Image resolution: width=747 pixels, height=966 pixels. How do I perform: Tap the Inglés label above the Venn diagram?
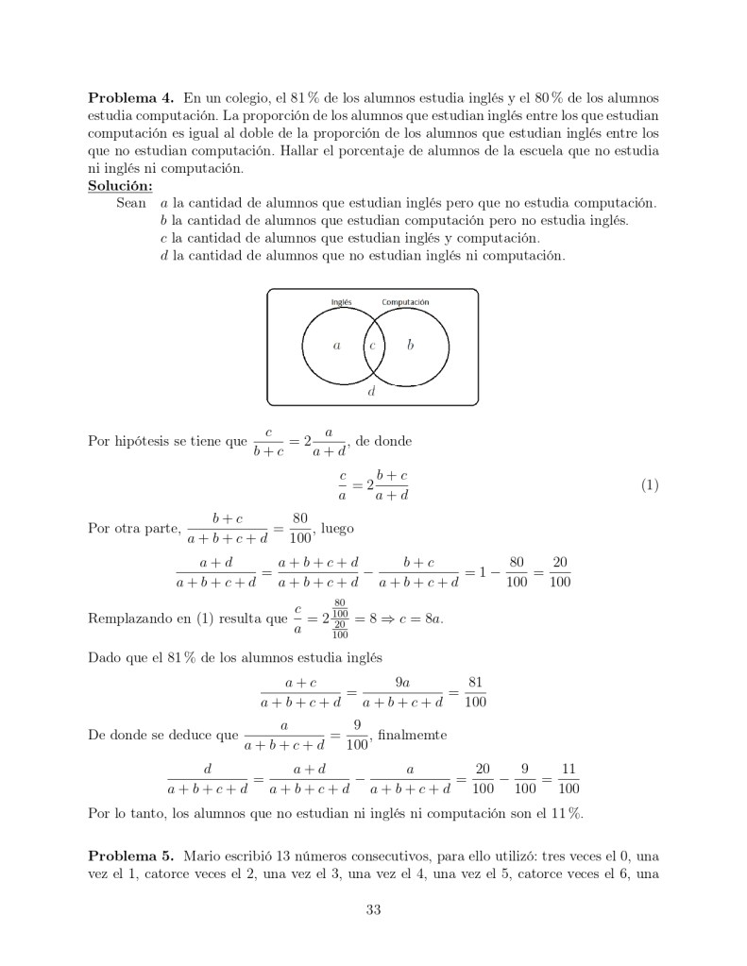[341, 302]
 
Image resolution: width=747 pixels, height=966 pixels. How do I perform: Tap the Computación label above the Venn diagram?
[405, 302]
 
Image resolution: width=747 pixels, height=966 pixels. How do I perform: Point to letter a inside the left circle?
[336, 346]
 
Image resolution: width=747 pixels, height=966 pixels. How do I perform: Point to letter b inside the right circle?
[410, 346]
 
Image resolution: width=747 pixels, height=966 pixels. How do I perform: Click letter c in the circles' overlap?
[372, 346]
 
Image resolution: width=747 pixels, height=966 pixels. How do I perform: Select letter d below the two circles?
[371, 390]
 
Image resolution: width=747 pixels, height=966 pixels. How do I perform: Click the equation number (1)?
[649, 485]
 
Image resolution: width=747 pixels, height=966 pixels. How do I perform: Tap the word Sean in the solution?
[130, 203]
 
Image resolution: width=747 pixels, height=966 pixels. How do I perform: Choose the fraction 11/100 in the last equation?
[569, 778]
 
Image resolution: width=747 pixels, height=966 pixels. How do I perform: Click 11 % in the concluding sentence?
[579, 814]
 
